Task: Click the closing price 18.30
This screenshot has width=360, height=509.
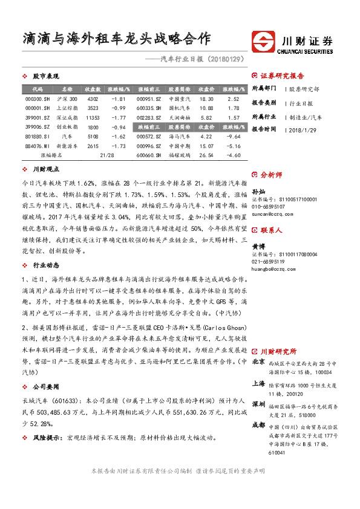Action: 206,99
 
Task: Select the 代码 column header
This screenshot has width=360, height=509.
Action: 38,89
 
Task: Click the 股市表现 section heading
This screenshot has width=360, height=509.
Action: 46,76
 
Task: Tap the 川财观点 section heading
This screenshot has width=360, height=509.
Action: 46,170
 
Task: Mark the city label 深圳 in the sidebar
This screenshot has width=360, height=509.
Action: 258,404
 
